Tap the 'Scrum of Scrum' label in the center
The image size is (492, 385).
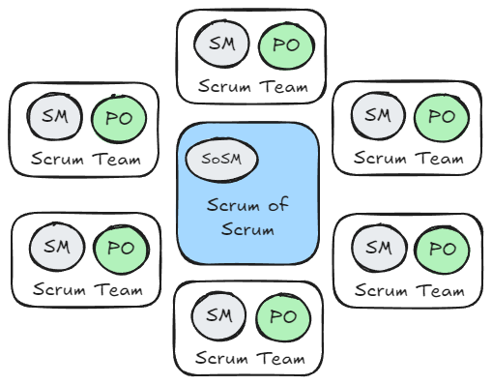coord(249,217)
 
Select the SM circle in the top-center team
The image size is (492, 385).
coord(219,44)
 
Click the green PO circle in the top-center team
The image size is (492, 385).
coord(281,44)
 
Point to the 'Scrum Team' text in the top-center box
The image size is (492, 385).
coord(249,87)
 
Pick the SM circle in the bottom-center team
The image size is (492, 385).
coord(217,315)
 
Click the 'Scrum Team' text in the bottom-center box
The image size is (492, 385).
coord(249,359)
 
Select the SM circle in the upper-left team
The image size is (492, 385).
coord(52,118)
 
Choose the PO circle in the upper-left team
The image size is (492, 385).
coord(117,118)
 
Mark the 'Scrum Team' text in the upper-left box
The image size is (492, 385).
coord(85,160)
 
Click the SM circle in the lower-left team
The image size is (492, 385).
coord(54,247)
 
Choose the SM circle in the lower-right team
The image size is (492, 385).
coord(378,248)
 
